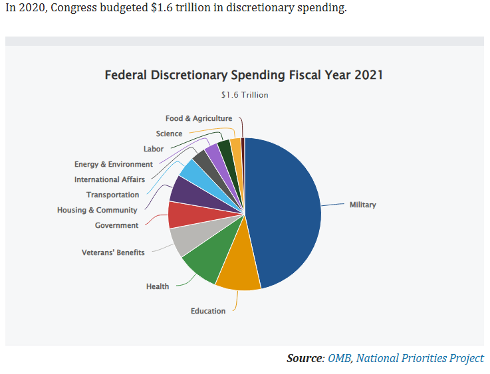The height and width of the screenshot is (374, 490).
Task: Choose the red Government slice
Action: tap(181, 215)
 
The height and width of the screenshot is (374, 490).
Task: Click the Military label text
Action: tap(362, 205)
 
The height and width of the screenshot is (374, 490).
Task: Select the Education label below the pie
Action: tap(208, 311)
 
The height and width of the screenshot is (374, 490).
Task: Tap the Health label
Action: tap(158, 286)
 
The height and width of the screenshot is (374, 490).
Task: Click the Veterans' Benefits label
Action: tap(113, 252)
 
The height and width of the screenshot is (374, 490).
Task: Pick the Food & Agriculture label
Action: tap(199, 118)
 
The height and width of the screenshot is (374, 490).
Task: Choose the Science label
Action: tap(169, 134)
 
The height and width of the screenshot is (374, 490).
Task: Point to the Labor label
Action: tap(154, 149)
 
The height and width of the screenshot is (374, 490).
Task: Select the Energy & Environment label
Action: tap(114, 164)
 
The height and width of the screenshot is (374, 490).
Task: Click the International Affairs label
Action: tap(110, 179)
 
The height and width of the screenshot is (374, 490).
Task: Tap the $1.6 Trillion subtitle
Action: tap(245, 95)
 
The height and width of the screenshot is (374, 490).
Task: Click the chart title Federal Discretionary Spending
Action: tap(244, 74)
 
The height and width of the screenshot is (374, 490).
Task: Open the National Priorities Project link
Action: tap(420, 358)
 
